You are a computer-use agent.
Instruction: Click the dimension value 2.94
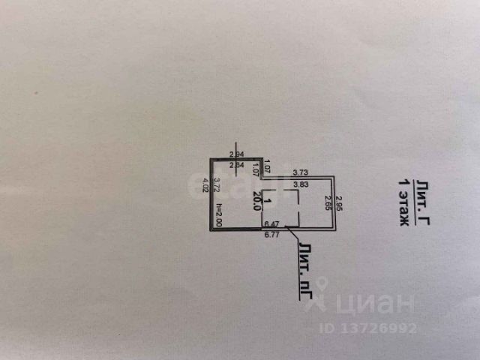(x=237, y=154)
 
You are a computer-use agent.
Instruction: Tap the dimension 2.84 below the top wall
(x=237, y=166)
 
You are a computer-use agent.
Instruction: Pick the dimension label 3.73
(x=300, y=172)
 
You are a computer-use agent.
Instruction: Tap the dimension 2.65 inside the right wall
(x=327, y=204)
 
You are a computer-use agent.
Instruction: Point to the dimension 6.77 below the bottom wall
(x=272, y=234)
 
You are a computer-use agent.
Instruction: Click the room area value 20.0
(x=257, y=202)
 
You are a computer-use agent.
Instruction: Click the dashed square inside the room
(x=281, y=208)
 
